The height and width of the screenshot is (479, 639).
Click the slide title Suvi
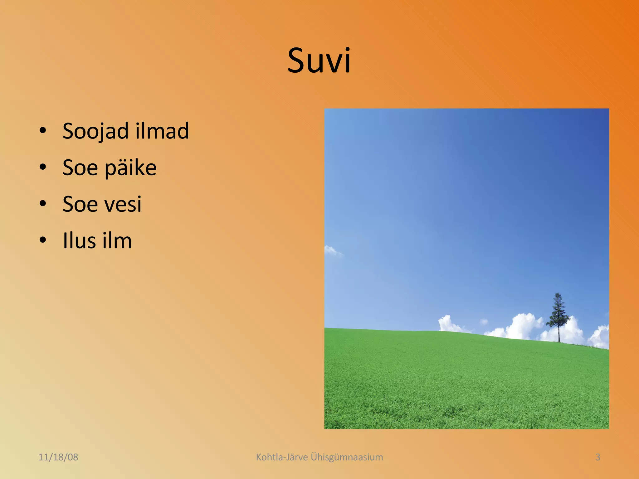319,60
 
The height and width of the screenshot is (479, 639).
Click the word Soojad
95,131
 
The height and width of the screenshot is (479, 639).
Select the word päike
130,168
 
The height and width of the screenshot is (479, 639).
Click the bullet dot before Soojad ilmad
43,131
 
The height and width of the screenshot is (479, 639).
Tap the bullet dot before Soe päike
43,167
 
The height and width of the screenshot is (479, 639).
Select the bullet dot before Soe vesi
43,204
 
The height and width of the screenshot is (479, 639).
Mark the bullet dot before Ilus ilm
43,240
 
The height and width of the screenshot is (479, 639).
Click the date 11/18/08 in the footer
58,457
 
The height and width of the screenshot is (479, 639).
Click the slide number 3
598,457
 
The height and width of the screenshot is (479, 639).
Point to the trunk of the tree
559,335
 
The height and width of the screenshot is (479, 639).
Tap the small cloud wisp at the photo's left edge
331,250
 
